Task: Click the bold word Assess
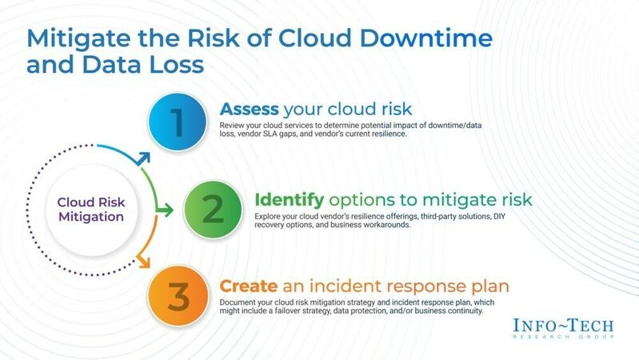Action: point(249,109)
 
